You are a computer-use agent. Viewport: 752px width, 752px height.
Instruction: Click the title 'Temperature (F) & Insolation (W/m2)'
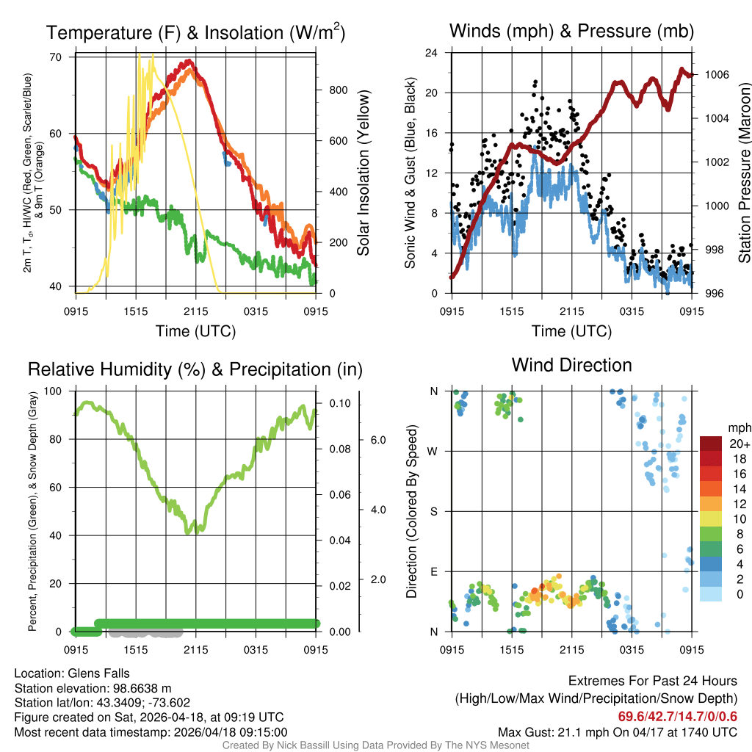coord(195,33)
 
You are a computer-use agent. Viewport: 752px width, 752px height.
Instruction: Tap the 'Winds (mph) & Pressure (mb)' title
coord(571,31)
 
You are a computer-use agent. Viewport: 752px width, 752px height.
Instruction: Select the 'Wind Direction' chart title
coord(571,365)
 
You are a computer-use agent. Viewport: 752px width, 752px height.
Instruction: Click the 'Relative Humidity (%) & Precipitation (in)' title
coord(195,369)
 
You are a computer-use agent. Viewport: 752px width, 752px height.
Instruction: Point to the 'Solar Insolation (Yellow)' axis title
coord(364,173)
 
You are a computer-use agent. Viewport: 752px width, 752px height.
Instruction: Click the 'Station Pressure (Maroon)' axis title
coord(744,173)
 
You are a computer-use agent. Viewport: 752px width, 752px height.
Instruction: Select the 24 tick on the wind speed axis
coord(432,53)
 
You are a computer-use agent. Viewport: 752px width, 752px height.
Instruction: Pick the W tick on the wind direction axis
coord(433,451)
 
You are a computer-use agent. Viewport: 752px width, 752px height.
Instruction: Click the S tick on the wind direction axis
coord(433,511)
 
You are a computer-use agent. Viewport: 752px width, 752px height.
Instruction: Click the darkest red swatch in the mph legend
coord(712,444)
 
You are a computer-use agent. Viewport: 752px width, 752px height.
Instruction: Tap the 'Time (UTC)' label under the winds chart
coord(571,331)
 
